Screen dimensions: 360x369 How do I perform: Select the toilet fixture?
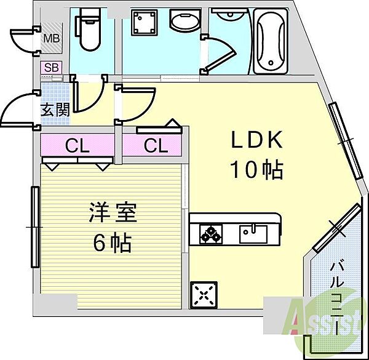click(87, 32)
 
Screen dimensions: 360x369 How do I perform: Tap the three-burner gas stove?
click(210, 233)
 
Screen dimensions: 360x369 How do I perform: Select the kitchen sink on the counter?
click(253, 232)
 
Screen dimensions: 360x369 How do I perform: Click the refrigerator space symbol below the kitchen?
click(204, 295)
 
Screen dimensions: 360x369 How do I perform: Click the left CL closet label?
click(77, 146)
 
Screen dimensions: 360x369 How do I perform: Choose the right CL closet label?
click(156, 146)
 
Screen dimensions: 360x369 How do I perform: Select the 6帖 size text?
click(112, 244)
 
